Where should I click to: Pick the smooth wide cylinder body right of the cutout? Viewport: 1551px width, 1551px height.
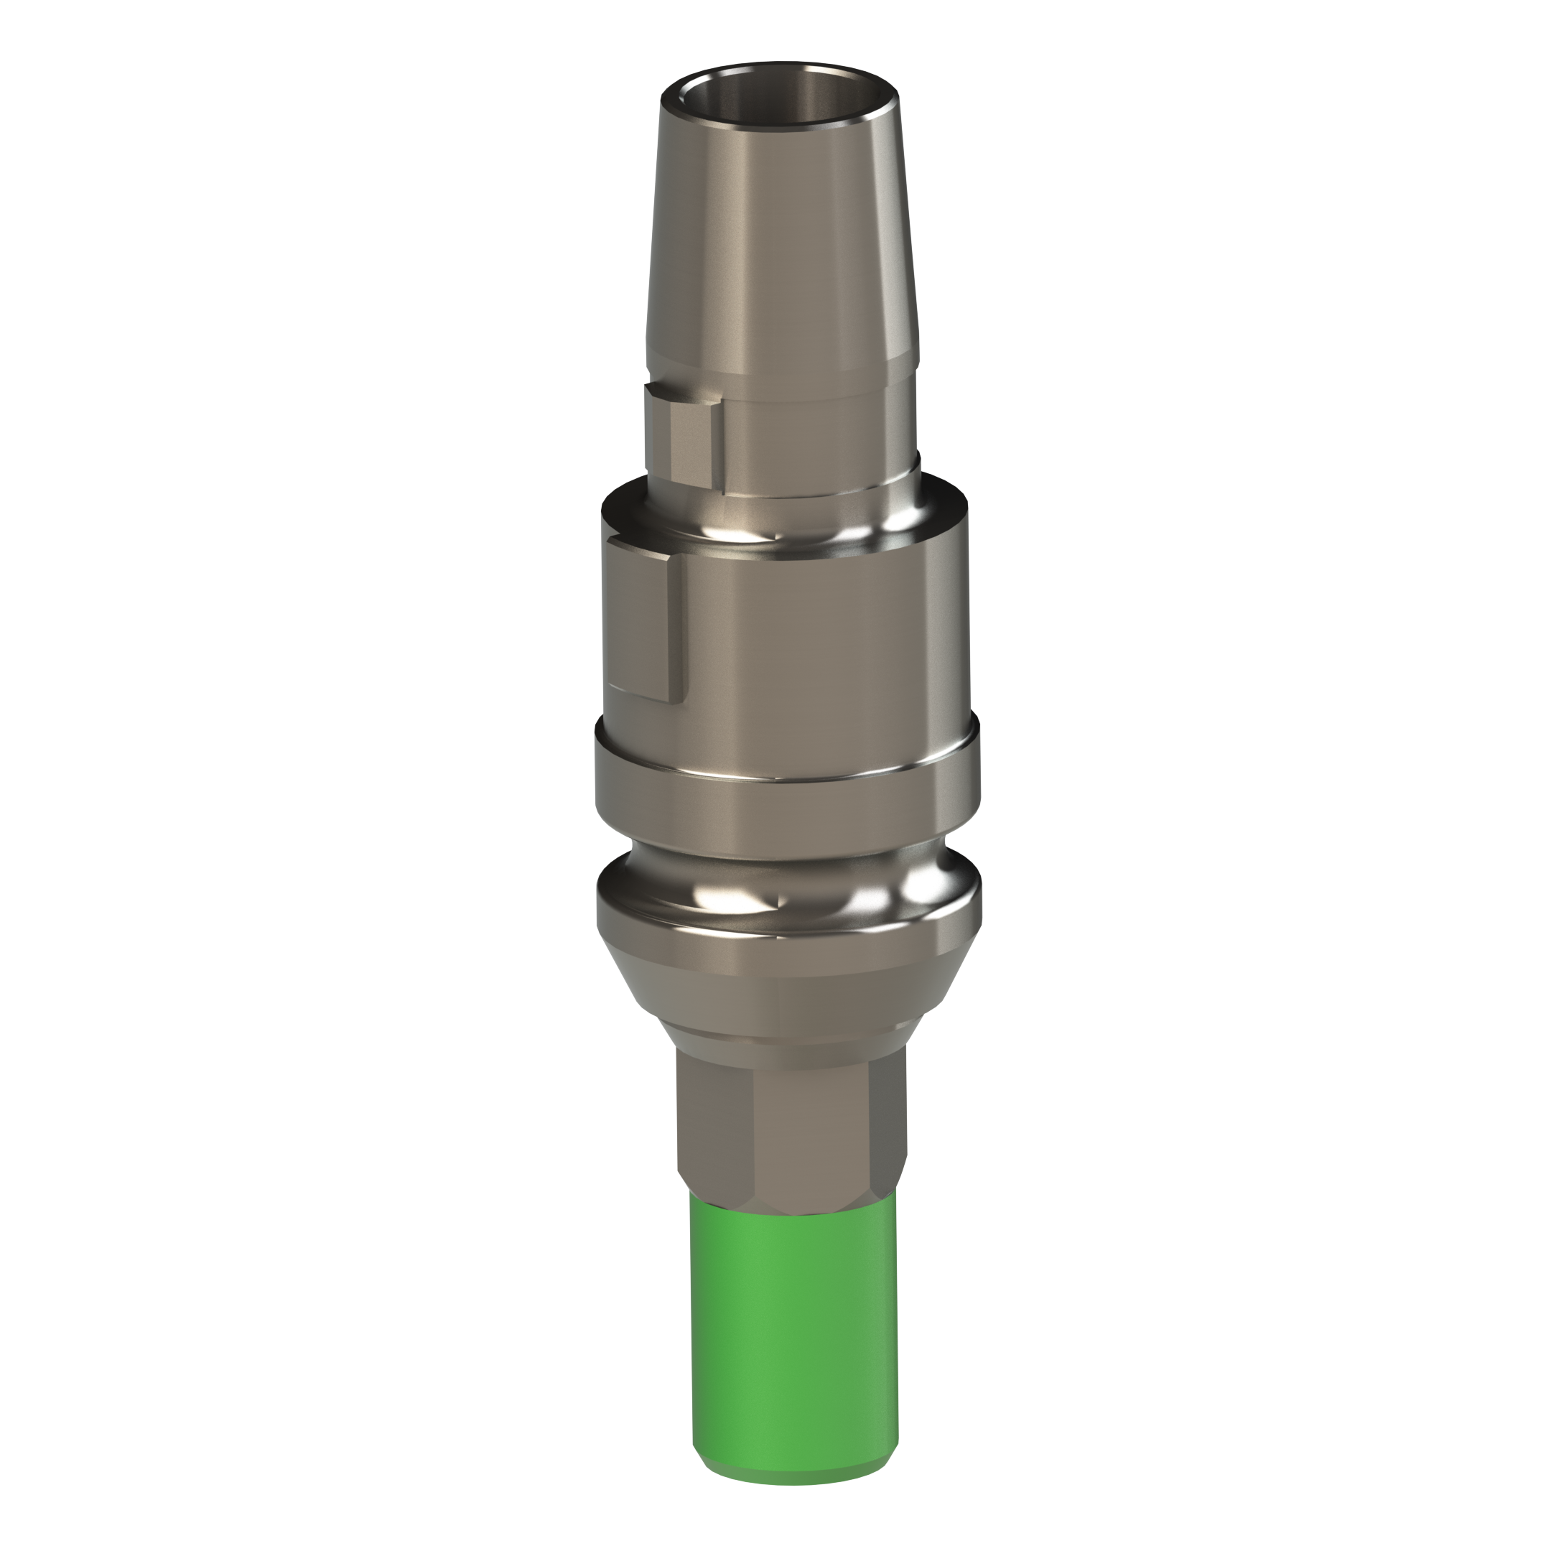827,634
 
